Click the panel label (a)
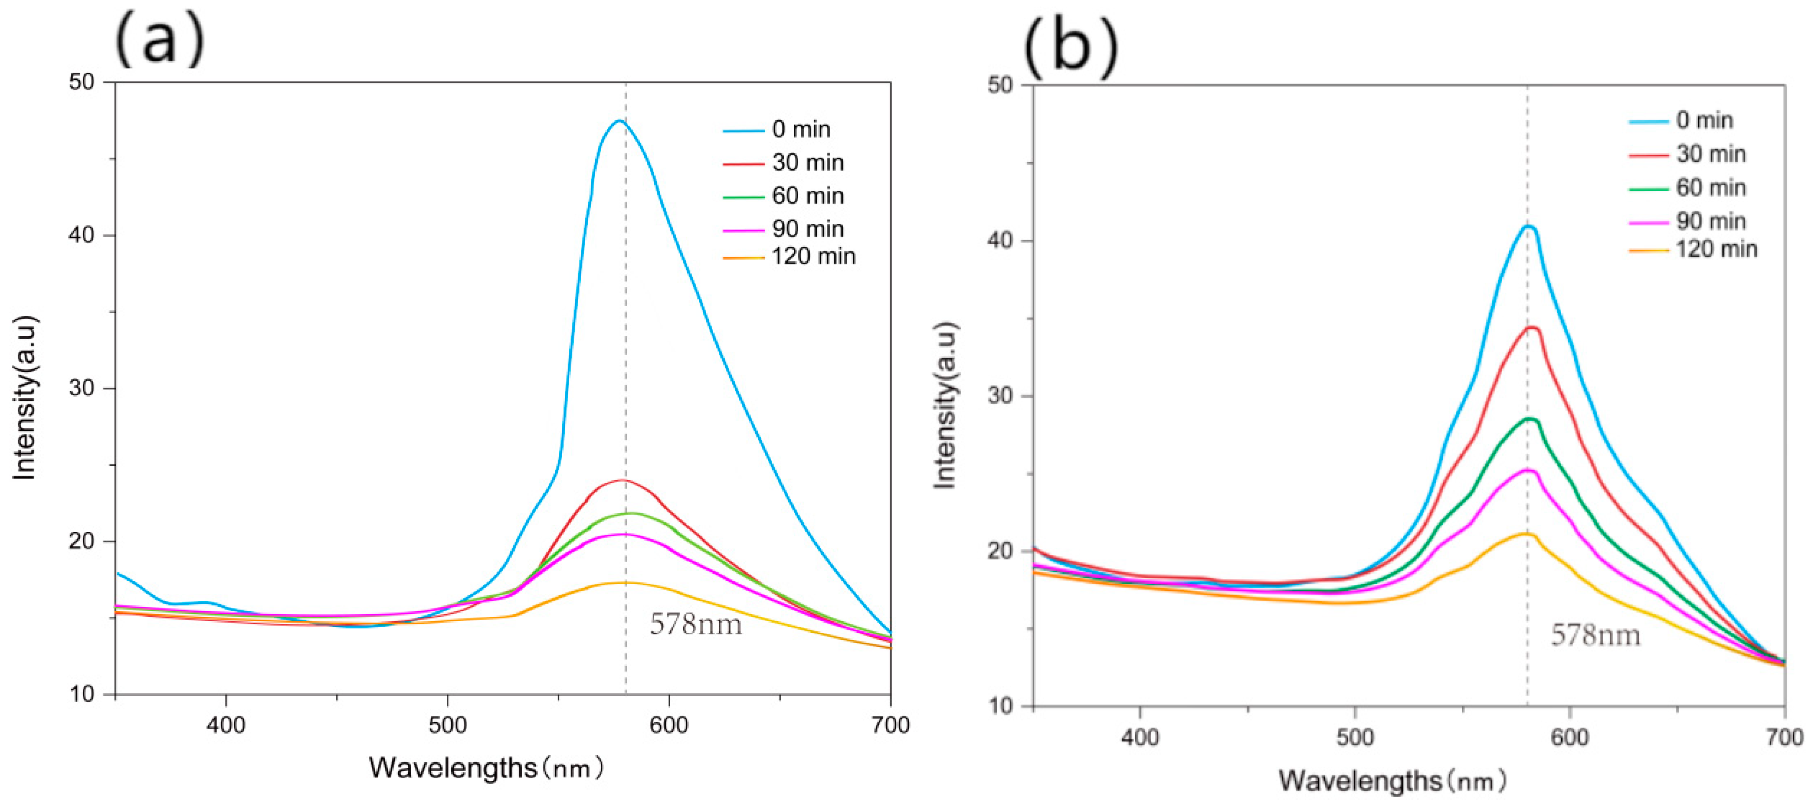tap(160, 39)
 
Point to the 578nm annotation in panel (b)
tap(1596, 635)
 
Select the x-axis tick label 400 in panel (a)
tap(226, 725)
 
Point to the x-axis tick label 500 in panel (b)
tap(1354, 737)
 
